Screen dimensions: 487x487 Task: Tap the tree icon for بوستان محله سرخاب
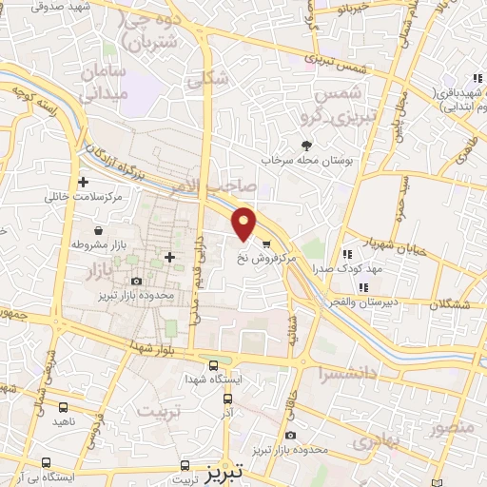(x=306, y=146)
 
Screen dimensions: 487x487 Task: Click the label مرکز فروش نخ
(x=291, y=257)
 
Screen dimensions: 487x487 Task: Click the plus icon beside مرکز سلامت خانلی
(x=84, y=182)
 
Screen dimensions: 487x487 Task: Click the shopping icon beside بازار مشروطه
(x=99, y=229)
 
